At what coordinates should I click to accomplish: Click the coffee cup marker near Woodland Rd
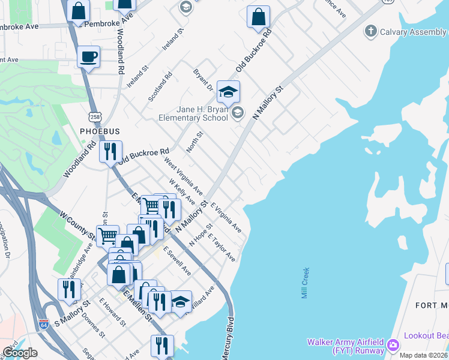(89, 57)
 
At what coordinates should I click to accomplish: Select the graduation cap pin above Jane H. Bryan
(228, 92)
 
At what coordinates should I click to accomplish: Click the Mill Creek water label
(306, 283)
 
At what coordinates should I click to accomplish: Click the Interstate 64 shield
(44, 324)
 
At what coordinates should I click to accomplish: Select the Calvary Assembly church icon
(371, 30)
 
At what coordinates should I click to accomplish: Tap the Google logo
(19, 353)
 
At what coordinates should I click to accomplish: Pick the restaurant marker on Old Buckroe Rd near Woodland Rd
(110, 152)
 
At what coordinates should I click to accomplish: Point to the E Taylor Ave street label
(221, 247)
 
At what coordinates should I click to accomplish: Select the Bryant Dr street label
(203, 80)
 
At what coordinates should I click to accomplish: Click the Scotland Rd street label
(161, 86)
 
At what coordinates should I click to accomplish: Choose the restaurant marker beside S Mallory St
(70, 290)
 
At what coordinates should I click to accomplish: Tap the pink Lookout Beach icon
(394, 345)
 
